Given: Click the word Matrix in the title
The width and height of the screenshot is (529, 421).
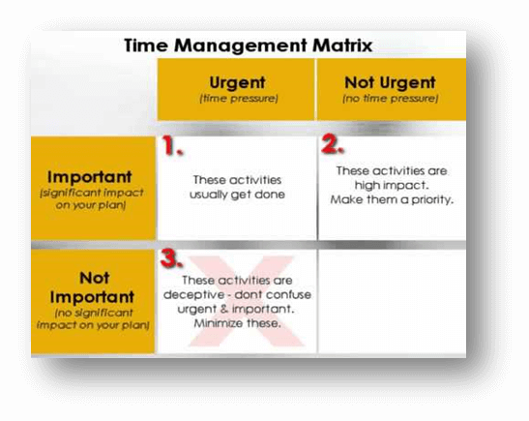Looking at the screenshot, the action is (342, 45).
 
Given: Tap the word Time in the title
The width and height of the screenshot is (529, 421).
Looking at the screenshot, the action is (146, 45).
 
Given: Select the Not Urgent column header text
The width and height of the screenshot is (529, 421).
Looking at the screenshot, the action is (390, 82).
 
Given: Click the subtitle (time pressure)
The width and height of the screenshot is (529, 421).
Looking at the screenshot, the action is (239, 99).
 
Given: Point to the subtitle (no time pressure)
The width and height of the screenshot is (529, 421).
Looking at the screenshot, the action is (391, 99).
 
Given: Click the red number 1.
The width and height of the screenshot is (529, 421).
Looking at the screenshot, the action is (173, 145).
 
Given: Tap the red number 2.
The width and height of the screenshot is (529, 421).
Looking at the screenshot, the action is (333, 144).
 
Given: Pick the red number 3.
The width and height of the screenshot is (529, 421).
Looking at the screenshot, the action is (172, 258).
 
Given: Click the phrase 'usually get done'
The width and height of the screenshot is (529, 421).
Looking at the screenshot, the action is (237, 195).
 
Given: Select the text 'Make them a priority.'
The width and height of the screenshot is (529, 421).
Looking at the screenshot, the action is (392, 200).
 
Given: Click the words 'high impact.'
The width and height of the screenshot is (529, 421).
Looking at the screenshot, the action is (392, 186).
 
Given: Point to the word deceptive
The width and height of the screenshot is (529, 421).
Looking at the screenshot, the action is (193, 295).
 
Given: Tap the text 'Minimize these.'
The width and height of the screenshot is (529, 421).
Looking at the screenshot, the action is (237, 323).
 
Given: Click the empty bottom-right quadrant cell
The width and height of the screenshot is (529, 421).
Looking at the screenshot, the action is (392, 302).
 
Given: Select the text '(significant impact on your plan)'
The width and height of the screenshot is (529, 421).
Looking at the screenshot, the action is (92, 199).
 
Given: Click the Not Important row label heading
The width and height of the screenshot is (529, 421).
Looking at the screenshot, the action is (93, 287).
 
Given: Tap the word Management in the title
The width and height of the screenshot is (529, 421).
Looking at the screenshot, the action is (240, 45).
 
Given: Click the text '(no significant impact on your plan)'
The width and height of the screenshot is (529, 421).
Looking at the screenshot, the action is (93, 319).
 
